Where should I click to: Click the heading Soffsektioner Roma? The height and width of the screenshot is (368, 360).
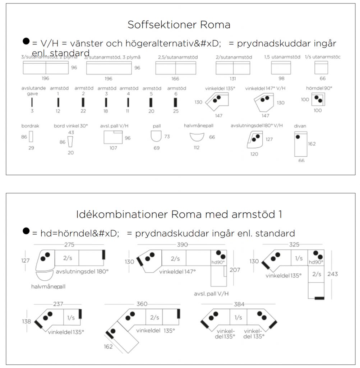179,25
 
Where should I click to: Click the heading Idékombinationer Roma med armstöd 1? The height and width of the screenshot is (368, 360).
179,214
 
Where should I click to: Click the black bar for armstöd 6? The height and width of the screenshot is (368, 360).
176,102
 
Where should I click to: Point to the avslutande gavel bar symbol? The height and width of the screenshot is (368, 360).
32,102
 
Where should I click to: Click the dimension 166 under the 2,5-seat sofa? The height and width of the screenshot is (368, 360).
175,78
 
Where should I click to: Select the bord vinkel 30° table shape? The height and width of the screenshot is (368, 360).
70,142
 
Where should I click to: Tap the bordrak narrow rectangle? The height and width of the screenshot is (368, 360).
31,137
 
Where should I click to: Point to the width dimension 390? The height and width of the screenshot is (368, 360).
183,245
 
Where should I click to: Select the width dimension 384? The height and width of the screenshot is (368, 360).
239,304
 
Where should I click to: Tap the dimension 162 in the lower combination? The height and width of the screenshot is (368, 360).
109,346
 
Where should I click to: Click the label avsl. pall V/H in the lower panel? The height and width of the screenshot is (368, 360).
212,293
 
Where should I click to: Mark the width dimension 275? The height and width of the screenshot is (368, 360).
69,245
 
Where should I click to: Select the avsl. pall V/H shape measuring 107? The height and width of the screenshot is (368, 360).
114,137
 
